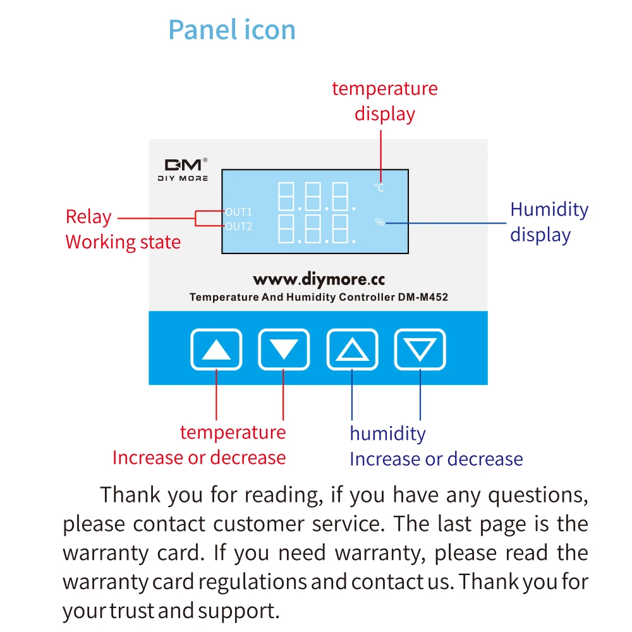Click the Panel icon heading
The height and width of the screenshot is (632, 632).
point(232,30)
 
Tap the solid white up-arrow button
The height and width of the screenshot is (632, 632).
point(216,349)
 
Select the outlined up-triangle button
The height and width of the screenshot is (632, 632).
point(352,349)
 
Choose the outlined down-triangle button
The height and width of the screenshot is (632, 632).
point(420,349)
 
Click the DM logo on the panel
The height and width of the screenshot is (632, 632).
point(183,165)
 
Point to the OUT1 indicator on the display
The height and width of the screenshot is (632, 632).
point(238,212)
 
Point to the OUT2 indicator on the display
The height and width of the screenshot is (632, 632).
point(238,226)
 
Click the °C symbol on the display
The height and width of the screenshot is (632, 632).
point(379,188)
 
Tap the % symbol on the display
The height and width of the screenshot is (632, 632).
point(379,222)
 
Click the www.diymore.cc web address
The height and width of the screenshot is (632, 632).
point(319,279)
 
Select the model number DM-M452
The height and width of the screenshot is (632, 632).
point(423,297)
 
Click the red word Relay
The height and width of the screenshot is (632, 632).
point(88,217)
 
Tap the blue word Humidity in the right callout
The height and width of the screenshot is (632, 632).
point(549,209)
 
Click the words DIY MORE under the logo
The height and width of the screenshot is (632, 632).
point(183,178)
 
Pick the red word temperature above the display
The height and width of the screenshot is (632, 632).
point(384,88)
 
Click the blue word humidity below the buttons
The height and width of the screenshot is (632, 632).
point(387,434)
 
